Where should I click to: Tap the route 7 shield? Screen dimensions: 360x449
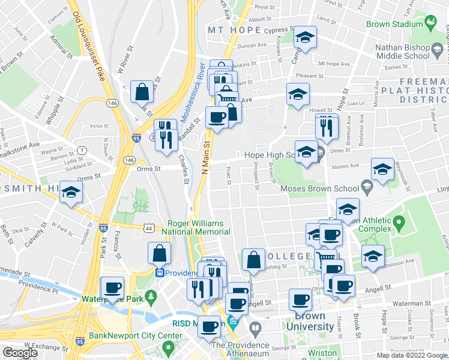(82, 149)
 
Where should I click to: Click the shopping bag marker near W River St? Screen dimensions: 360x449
(143, 92)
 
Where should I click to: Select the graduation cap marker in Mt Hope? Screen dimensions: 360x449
(305, 38)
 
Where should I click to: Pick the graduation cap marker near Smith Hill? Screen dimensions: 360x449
(71, 193)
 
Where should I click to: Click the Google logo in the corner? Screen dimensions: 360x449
(20, 352)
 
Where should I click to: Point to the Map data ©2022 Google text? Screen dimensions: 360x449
(412, 355)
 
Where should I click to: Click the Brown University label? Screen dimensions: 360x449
(313, 322)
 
